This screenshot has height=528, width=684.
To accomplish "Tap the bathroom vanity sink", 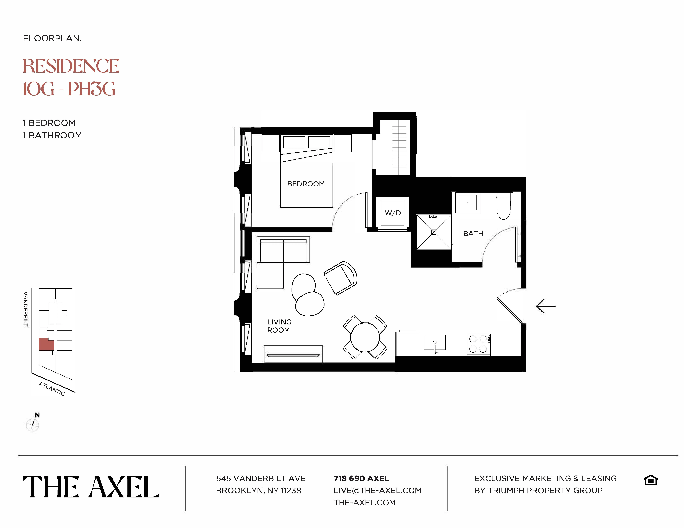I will [468, 202].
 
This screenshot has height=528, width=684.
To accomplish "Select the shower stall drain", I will [434, 232].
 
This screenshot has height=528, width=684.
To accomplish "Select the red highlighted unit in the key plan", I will [46, 344].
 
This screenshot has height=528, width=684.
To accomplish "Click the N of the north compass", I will [37, 415].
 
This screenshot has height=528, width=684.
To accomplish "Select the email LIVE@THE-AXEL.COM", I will [377, 490].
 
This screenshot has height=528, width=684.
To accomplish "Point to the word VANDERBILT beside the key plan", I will [26, 309].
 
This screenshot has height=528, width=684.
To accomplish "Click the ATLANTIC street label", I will [52, 389].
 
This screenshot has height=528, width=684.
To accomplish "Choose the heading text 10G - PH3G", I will [69, 89].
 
